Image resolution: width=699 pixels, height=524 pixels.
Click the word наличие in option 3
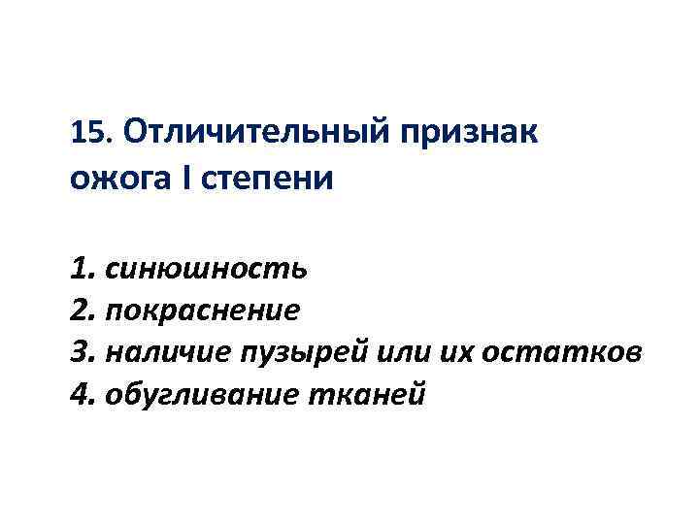(x=161, y=353)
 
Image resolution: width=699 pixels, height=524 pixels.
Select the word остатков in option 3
(x=548, y=353)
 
